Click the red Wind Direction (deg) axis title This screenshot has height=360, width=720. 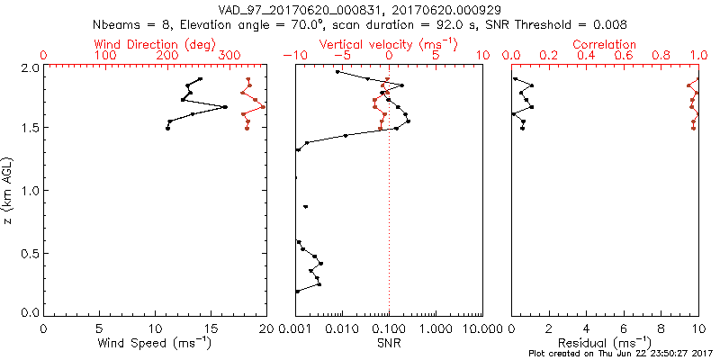[156, 44]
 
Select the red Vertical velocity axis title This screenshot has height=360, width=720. [387, 44]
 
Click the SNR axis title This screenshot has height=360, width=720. [389, 343]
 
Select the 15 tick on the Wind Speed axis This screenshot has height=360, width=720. [211, 329]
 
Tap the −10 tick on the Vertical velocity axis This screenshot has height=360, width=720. [296, 56]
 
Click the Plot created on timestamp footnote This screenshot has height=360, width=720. [620, 354]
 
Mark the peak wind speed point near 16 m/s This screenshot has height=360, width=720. [225, 107]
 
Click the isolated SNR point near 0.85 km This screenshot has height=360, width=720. [306, 207]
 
